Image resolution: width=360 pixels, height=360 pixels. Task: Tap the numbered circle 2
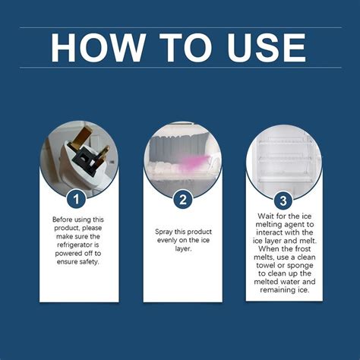(180, 200)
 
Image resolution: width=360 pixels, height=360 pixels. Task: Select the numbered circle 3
(283, 200)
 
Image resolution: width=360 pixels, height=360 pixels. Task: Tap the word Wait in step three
(262, 216)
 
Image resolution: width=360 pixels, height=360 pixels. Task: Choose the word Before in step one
(65, 219)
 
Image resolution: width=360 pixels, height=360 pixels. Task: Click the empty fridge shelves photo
(283, 156)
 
